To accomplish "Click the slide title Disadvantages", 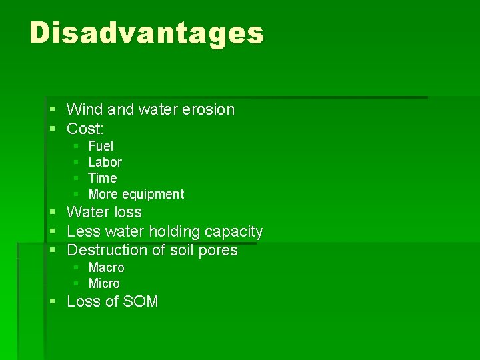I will [x=147, y=33].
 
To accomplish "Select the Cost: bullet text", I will [x=85, y=128].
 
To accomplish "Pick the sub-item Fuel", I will [x=101, y=146].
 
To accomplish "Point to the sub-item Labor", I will [x=105, y=162].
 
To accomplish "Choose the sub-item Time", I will [x=102, y=178].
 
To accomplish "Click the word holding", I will [x=175, y=232].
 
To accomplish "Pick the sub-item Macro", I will [x=106, y=267].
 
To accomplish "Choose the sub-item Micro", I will [x=104, y=283].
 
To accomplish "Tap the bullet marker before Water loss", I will [x=53, y=213].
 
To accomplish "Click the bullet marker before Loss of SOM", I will [x=53, y=302].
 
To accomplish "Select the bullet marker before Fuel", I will [x=77, y=146].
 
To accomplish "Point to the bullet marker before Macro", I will [x=77, y=267].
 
